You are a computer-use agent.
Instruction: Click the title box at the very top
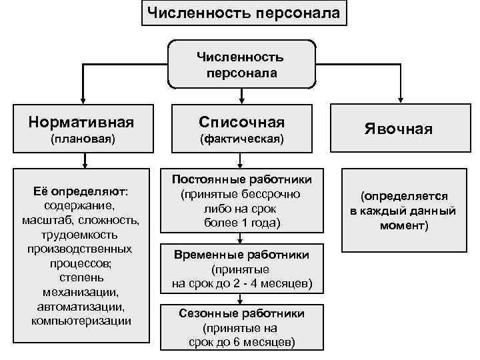[x=243, y=13]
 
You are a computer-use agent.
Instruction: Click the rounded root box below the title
[x=240, y=64]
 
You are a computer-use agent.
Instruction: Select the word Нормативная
[x=81, y=122]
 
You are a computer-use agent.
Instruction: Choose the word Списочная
[x=241, y=122]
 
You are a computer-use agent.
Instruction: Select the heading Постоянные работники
[x=241, y=181]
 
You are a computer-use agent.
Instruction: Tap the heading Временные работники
[x=241, y=255]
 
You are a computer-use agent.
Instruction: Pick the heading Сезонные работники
[x=241, y=313]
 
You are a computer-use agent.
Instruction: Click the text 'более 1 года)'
[x=241, y=223]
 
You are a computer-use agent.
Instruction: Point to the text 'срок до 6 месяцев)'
[x=241, y=342]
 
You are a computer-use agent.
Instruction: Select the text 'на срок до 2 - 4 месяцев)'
[x=241, y=283]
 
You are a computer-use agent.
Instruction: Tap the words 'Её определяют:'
[x=81, y=192]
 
